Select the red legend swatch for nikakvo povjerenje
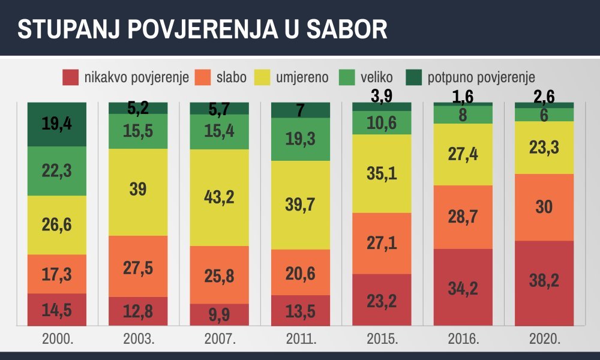[71, 77]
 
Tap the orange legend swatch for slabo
[204, 77]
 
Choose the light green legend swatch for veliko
[347, 77]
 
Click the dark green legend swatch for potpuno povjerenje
[413, 77]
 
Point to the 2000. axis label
[57, 339]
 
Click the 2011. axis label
[301, 339]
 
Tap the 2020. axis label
[544, 339]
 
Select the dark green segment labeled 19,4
[57, 124]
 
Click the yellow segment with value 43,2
[219, 197]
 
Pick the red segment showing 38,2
[544, 279]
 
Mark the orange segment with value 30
[544, 207]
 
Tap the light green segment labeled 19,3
[301, 139]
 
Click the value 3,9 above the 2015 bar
[382, 95]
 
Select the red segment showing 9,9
[219, 314]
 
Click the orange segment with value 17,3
[57, 274]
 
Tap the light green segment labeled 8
[463, 115]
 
